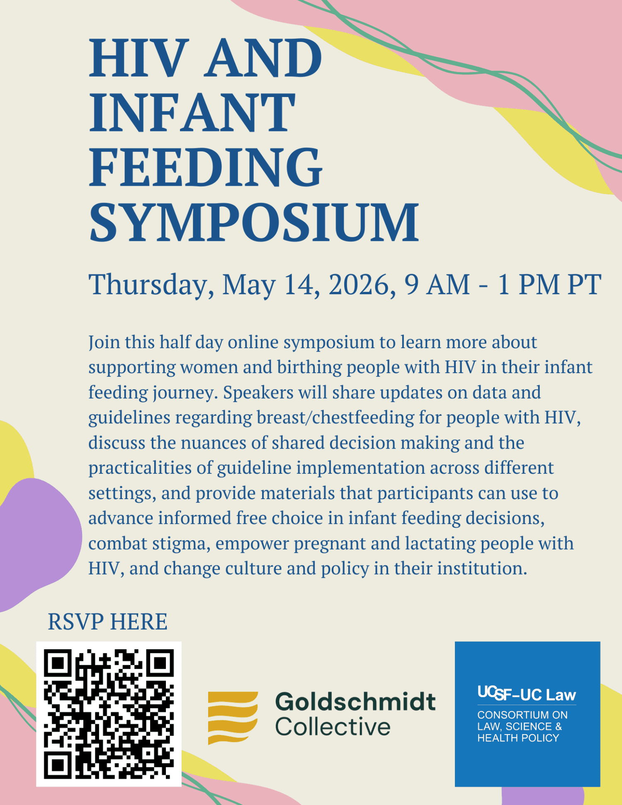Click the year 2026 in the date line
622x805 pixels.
[x=360, y=285]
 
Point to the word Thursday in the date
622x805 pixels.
[x=151, y=285]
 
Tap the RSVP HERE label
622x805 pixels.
[x=107, y=622]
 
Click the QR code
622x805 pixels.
[x=109, y=714]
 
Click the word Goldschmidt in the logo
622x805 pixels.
[x=355, y=701]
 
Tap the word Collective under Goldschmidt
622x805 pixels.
[x=333, y=727]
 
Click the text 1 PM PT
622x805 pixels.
[x=549, y=285]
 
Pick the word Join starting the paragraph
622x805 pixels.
[x=104, y=343]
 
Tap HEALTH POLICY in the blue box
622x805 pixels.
[x=518, y=738]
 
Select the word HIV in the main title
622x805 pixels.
[x=136, y=58]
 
